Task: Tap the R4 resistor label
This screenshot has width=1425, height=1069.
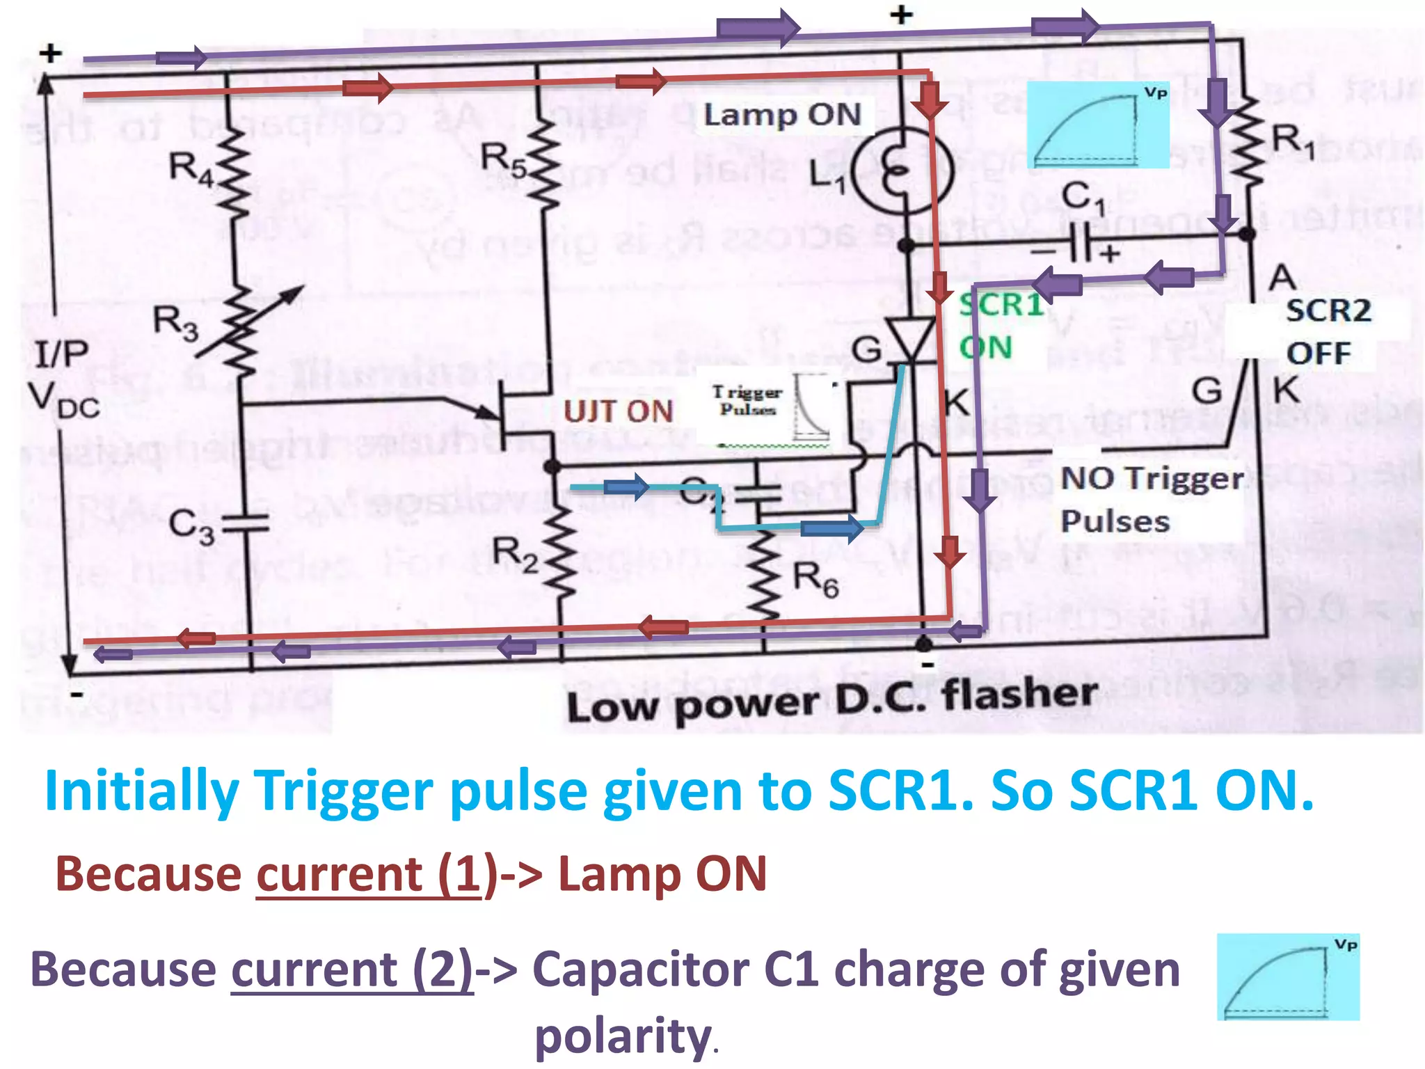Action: click(191, 169)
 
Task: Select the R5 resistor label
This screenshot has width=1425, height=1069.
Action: click(504, 159)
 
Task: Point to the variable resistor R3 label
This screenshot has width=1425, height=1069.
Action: click(175, 323)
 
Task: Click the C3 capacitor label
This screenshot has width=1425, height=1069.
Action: click(191, 526)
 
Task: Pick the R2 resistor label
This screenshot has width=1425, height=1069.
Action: click(515, 555)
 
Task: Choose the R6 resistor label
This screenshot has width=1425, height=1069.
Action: click(815, 579)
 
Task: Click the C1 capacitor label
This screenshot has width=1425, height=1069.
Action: click(1083, 198)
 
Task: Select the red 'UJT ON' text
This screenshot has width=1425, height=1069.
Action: click(618, 411)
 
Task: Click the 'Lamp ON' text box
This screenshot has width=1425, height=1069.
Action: click(782, 114)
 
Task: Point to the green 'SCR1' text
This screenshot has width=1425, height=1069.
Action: click(1001, 305)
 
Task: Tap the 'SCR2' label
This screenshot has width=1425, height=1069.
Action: click(1328, 310)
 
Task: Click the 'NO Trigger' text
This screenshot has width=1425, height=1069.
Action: click(1152, 479)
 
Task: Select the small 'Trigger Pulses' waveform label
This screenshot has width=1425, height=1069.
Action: click(747, 401)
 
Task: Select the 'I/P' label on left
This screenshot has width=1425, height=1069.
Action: click(61, 354)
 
